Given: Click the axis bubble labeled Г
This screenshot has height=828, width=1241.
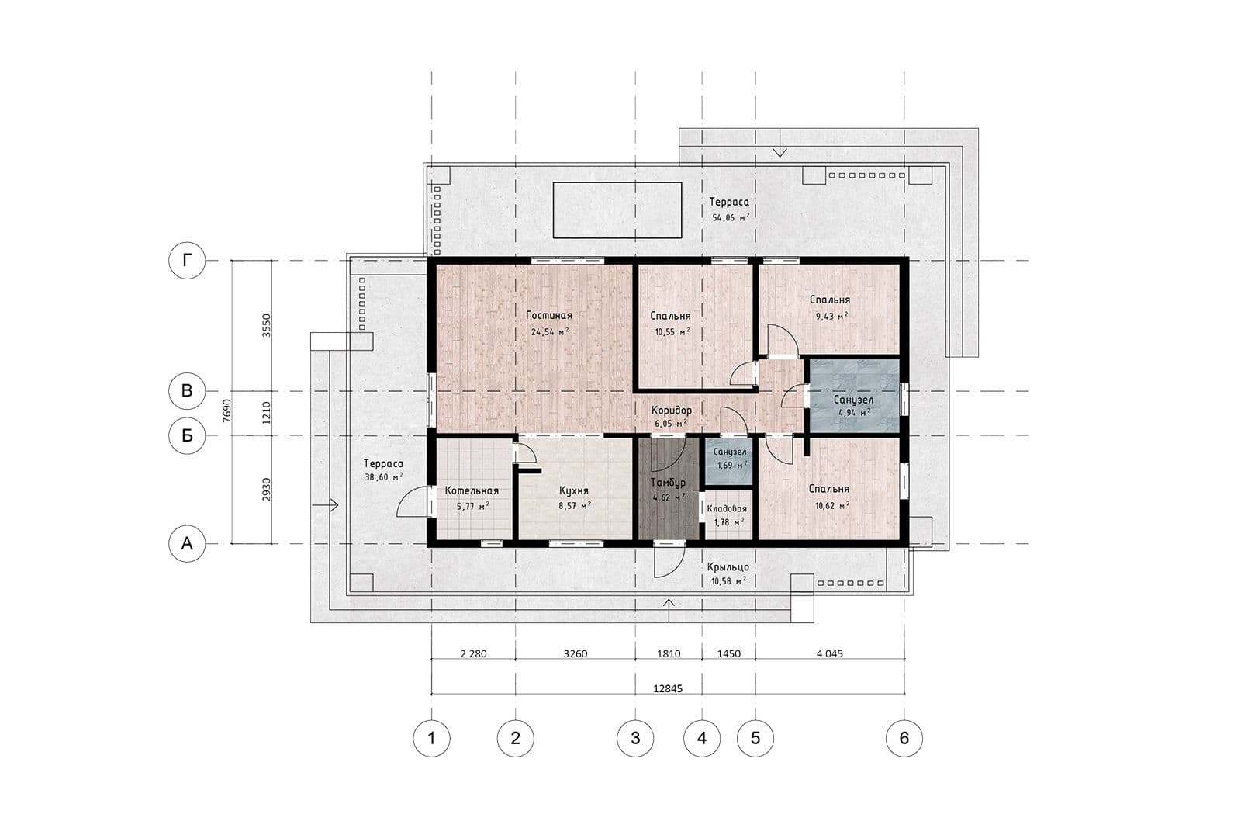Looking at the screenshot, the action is click(x=187, y=260).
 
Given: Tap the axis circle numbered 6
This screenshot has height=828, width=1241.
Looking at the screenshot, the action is click(x=904, y=738).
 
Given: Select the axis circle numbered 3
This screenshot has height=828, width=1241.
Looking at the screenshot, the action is click(x=635, y=738).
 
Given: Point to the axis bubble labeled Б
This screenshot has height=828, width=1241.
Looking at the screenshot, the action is click(x=187, y=435).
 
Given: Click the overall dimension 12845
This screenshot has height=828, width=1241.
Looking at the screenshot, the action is click(x=668, y=689).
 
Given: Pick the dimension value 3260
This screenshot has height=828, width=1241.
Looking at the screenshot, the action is click(x=575, y=654).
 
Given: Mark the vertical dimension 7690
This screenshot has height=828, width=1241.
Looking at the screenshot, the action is click(x=226, y=411).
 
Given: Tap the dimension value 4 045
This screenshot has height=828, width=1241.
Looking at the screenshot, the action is click(x=829, y=654).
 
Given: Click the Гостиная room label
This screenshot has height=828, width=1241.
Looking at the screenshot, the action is click(x=549, y=315).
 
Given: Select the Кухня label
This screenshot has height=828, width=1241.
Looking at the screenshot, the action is click(x=573, y=491).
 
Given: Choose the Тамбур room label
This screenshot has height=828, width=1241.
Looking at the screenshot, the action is click(x=668, y=483).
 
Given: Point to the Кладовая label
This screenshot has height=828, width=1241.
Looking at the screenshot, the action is click(x=727, y=509).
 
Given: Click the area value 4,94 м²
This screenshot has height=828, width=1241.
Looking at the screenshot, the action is click(x=854, y=412).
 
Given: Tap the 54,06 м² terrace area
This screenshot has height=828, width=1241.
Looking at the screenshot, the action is click(x=731, y=217).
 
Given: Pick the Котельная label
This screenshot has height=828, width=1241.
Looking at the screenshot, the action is click(x=472, y=491).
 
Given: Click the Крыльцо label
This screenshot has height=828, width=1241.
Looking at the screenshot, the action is click(x=728, y=567).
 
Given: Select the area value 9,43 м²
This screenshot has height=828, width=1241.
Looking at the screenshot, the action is click(x=831, y=317).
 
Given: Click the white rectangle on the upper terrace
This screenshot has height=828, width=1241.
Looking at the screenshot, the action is click(x=617, y=210).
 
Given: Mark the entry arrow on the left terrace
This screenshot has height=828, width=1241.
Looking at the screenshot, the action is click(x=325, y=505).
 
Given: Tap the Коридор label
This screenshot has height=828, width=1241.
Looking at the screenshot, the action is click(x=672, y=411).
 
